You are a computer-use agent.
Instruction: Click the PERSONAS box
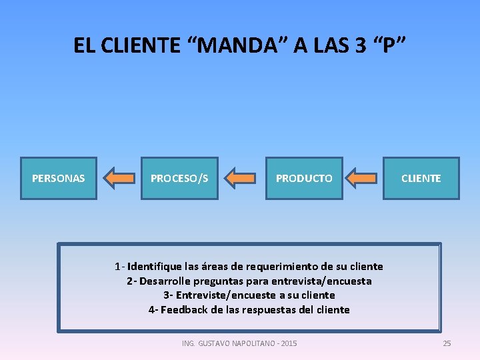[59, 178]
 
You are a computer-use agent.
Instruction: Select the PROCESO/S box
[179, 178]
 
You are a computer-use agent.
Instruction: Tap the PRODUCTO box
[304, 178]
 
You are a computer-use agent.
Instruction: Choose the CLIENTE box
[421, 178]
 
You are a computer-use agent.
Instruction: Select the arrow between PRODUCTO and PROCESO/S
[241, 178]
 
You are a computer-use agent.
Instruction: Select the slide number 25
[447, 343]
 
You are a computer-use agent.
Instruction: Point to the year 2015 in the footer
[289, 343]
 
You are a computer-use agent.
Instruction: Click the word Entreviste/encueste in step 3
[222, 295]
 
